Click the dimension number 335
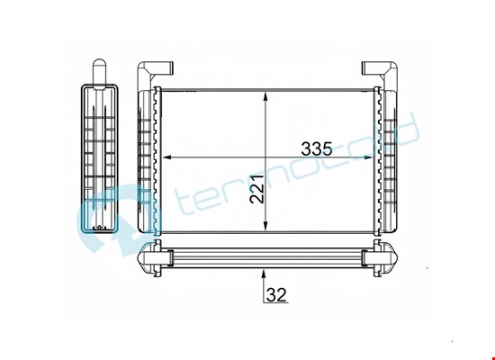pyautogui.click(x=317, y=148)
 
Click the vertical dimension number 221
pyautogui.click(x=256, y=188)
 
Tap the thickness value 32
pyautogui.click(x=276, y=294)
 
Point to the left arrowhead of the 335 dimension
pyautogui.click(x=166, y=157)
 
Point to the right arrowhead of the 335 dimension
pyautogui.click(x=369, y=157)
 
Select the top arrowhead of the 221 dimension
pyautogui.click(x=265, y=96)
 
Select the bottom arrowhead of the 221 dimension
pyautogui.click(x=265, y=225)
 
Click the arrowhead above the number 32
pyautogui.click(x=264, y=274)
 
